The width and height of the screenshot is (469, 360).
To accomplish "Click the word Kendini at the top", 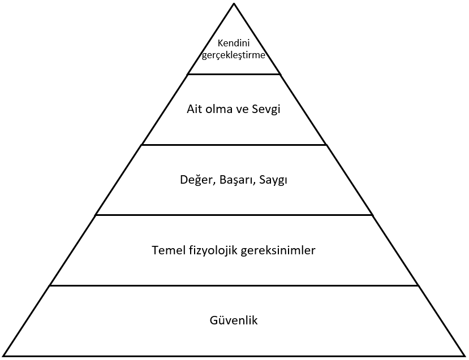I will [234, 44].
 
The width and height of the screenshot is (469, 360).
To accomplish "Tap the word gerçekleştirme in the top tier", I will [234, 55].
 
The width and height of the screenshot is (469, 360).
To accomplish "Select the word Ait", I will [194, 109].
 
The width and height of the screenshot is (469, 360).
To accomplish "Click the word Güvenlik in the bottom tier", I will [234, 320].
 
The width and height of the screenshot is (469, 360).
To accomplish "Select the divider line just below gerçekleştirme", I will [234, 74].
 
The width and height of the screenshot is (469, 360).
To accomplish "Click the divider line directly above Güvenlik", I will [234, 285].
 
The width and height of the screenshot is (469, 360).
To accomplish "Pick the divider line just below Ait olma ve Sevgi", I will [234, 145].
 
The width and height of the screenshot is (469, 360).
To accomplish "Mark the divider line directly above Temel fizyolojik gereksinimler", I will [234, 215].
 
